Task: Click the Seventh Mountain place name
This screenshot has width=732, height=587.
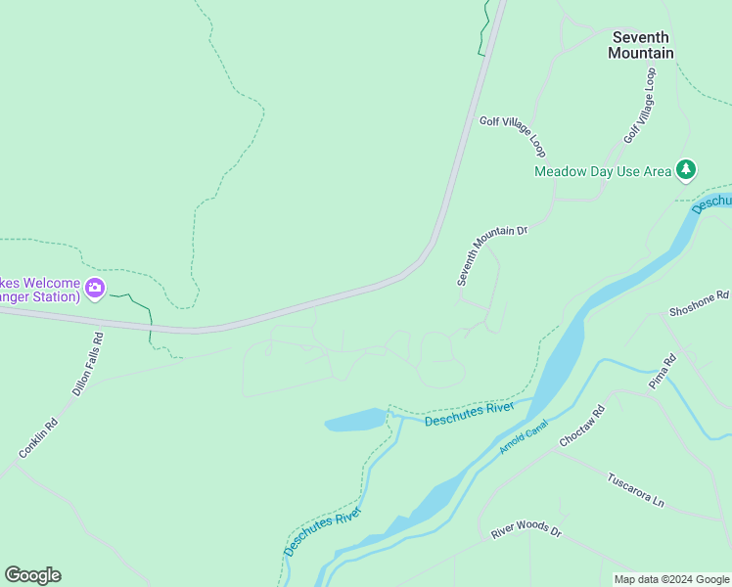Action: click(641, 45)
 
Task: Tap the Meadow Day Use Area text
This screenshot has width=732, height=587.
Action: click(603, 171)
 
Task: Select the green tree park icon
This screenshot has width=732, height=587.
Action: click(687, 170)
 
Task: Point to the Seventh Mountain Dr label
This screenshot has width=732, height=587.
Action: click(492, 255)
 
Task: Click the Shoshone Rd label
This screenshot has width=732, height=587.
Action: click(699, 302)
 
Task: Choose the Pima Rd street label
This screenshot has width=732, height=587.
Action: click(663, 373)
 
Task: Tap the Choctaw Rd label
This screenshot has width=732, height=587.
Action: click(582, 426)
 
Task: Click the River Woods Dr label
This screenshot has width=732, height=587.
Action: click(526, 530)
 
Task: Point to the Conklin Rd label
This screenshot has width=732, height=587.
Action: click(38, 438)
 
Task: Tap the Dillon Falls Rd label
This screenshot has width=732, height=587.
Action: click(88, 363)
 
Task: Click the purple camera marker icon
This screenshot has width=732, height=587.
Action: click(95, 288)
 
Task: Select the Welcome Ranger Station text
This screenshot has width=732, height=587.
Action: click(39, 289)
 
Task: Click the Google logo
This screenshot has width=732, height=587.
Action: click(32, 575)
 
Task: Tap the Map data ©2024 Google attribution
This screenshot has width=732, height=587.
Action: click(671, 579)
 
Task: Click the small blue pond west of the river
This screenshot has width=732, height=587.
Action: click(354, 421)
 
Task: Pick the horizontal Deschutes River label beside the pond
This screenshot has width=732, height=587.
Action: click(469, 413)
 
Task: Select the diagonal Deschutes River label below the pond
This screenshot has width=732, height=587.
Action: click(323, 531)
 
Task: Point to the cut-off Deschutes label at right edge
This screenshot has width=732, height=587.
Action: click(711, 200)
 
